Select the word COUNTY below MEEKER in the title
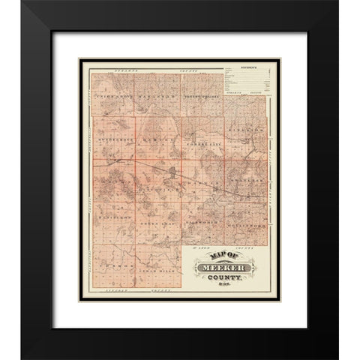click(226, 277)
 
